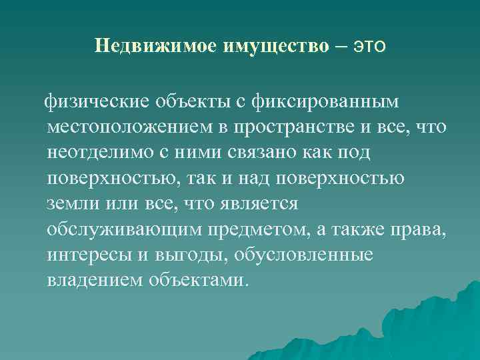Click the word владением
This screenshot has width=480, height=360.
coord(90,279)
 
